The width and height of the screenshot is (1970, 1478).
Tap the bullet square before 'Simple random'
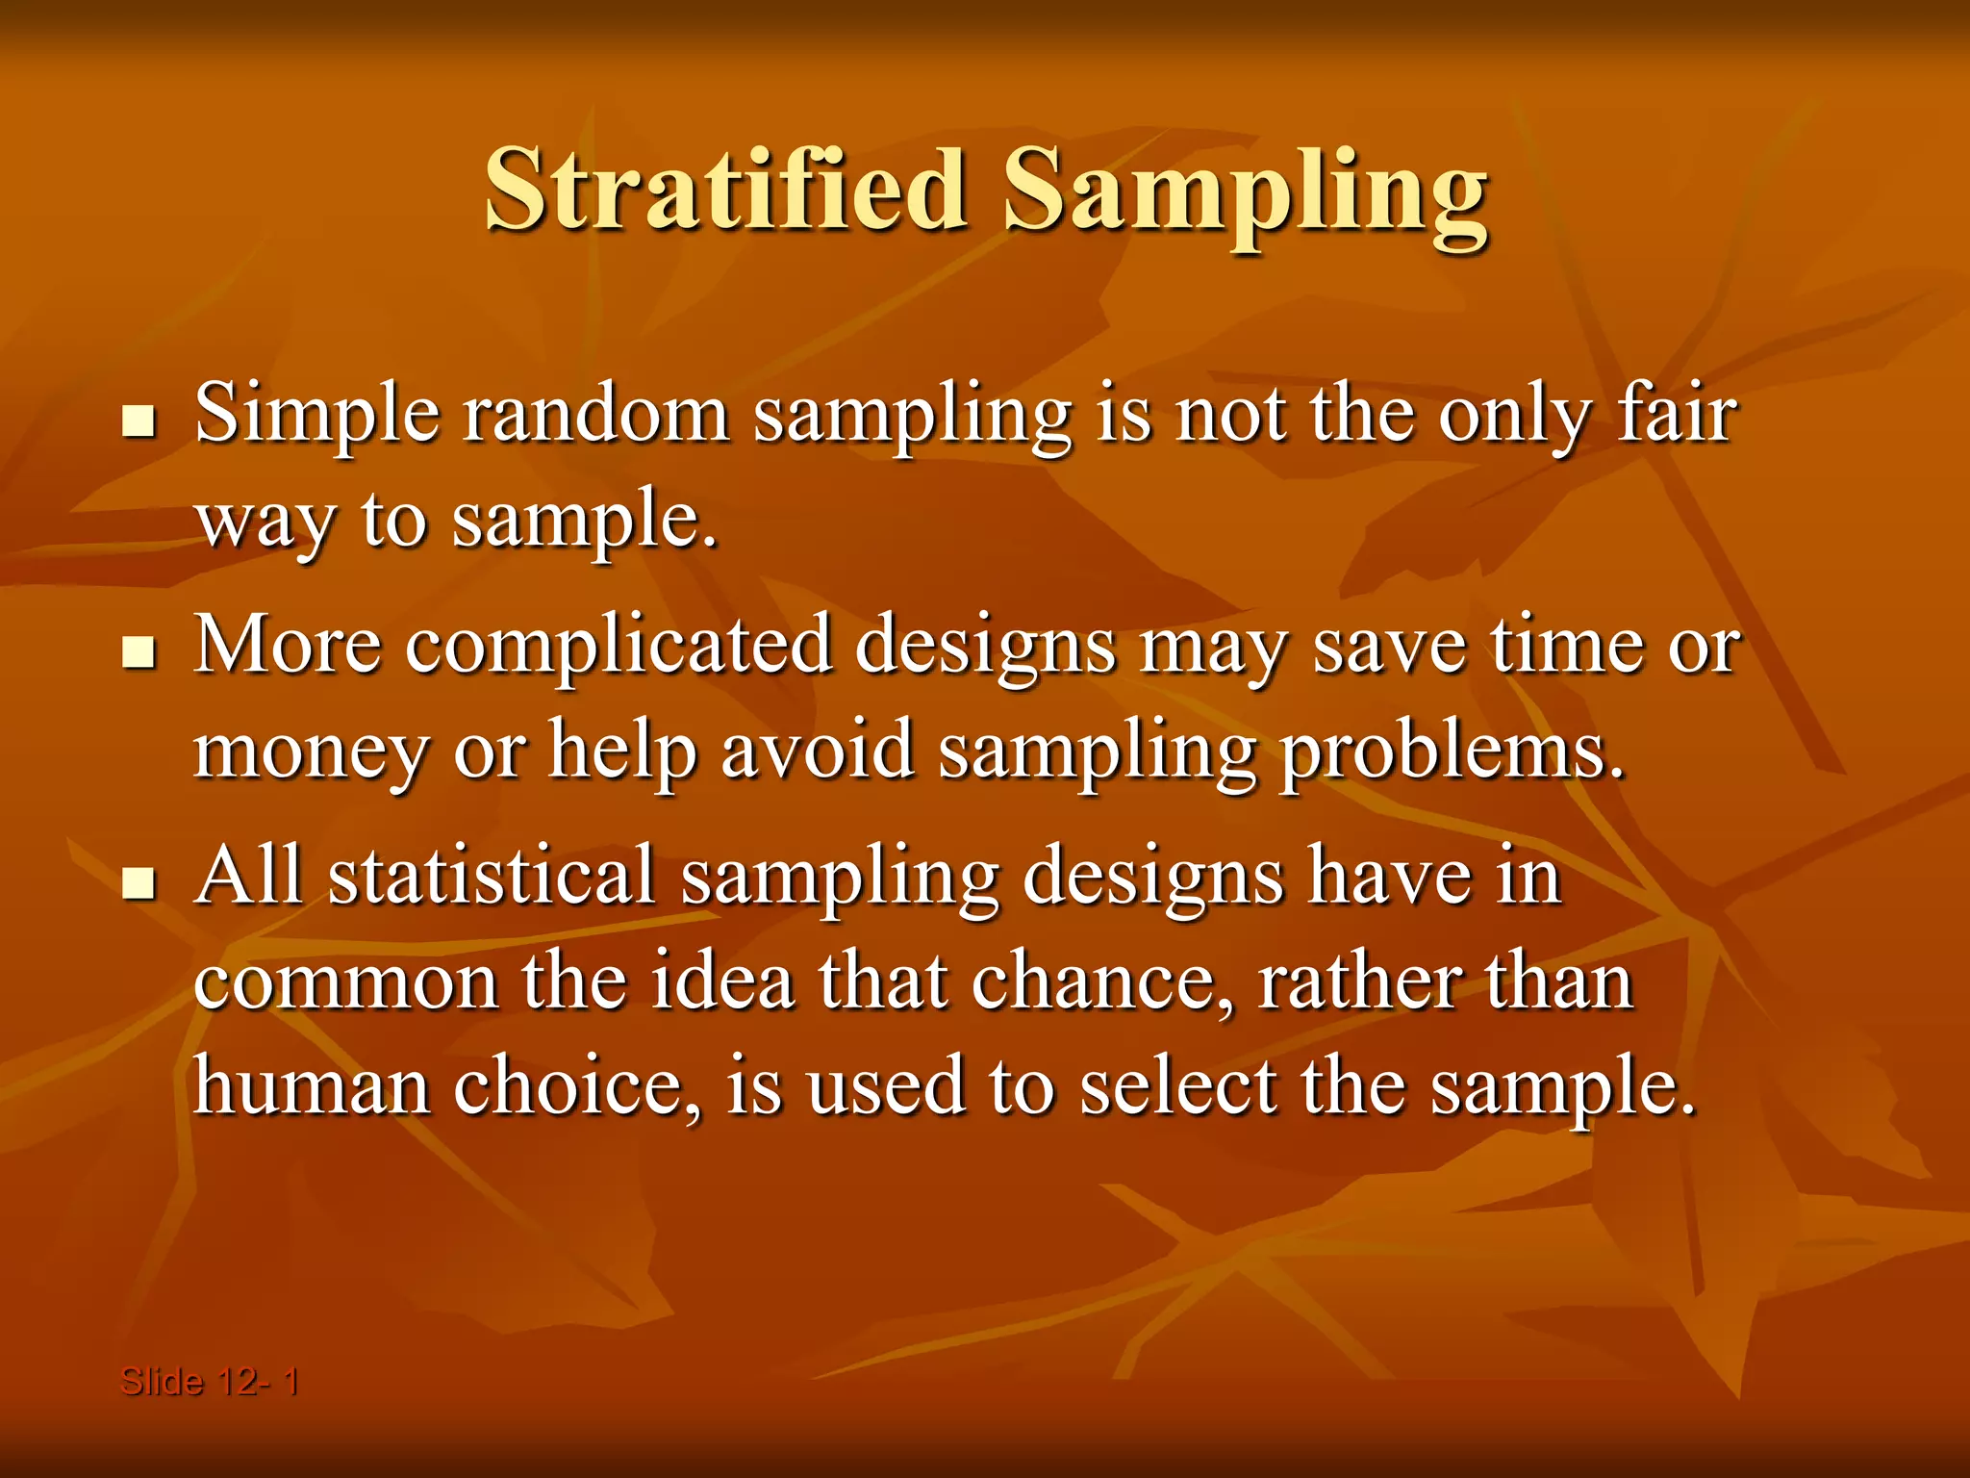[x=139, y=421]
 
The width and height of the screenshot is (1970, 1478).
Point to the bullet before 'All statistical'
[x=139, y=882]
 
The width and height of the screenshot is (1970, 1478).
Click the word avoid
[x=817, y=751]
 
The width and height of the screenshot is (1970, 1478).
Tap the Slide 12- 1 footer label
[x=209, y=1383]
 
